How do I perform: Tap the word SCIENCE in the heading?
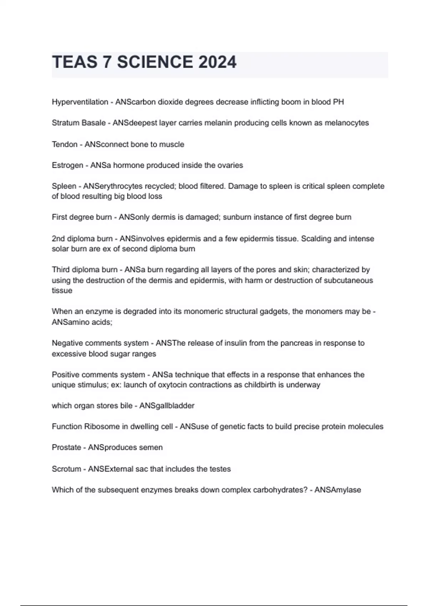click(x=155, y=62)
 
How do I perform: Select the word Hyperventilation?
click(x=80, y=102)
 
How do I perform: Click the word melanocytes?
click(x=347, y=123)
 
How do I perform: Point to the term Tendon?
click(x=65, y=144)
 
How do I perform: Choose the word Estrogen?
click(x=67, y=165)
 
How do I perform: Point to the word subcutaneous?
click(x=348, y=281)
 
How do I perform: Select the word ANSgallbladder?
click(x=167, y=406)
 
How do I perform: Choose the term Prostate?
click(x=66, y=447)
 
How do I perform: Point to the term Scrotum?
click(x=66, y=469)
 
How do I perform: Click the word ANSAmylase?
click(x=338, y=490)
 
